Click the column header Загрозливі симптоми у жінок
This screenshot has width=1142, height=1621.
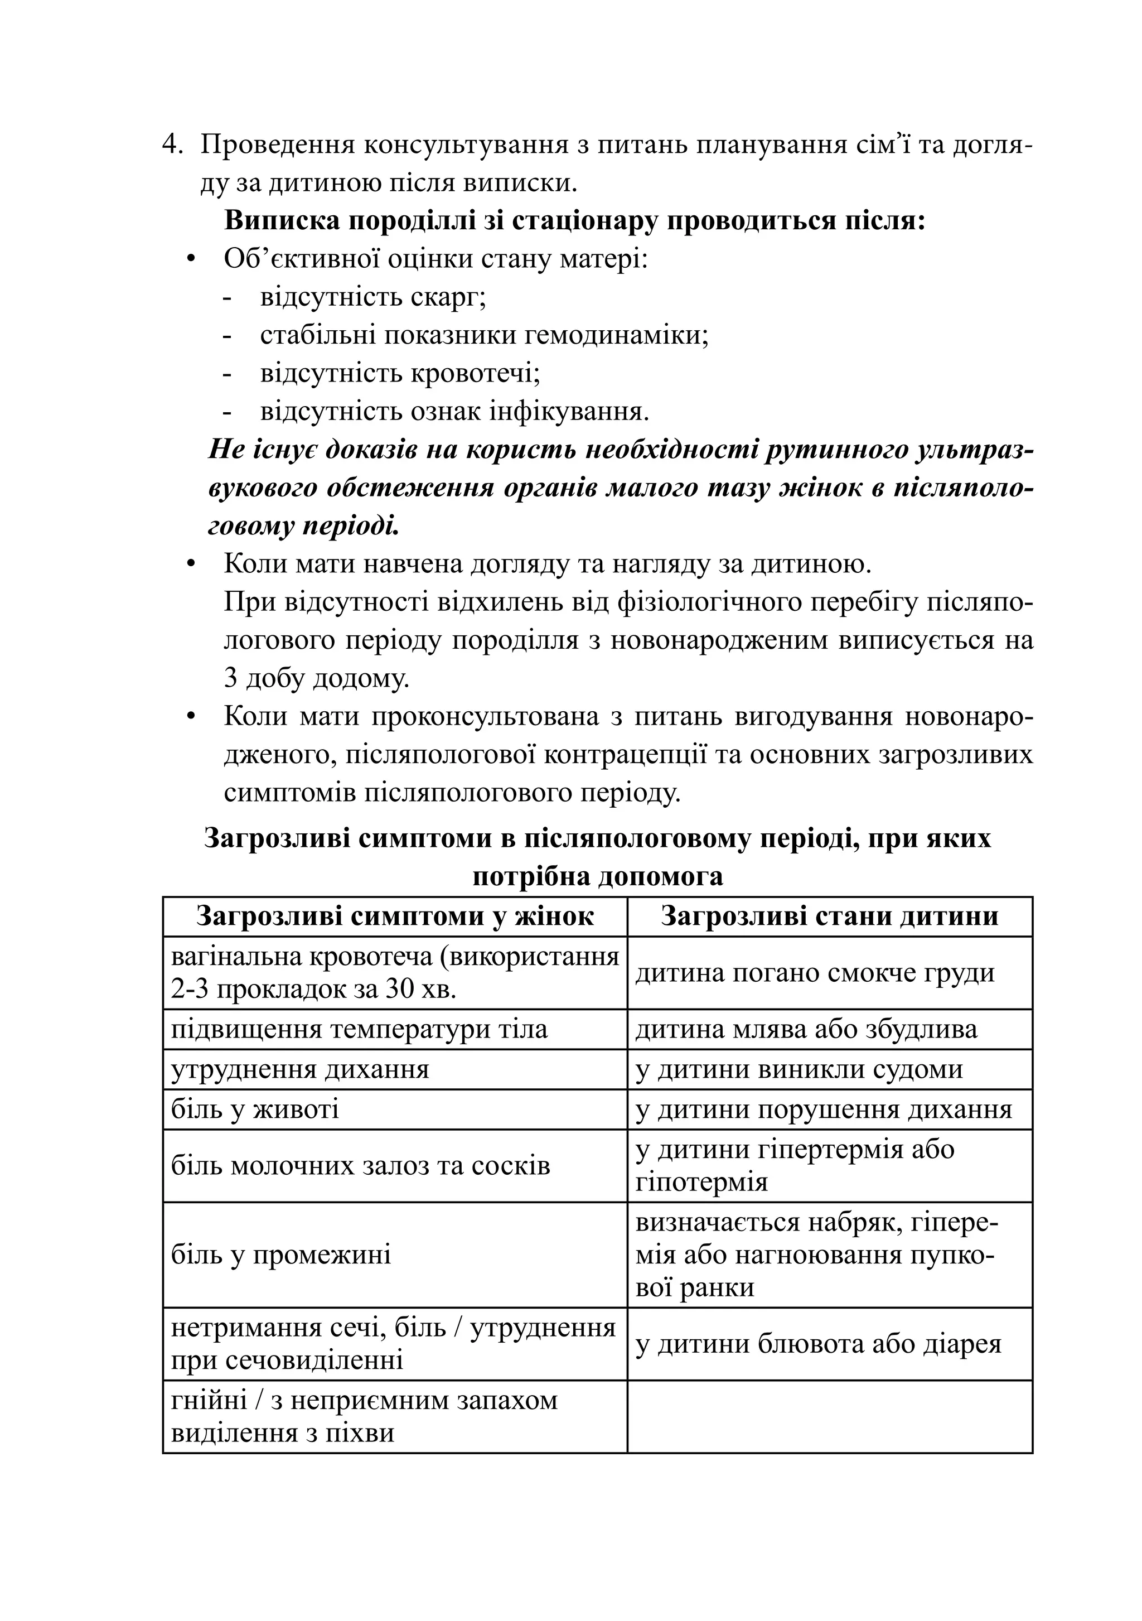[x=395, y=916]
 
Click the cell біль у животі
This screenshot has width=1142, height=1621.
[x=255, y=1109]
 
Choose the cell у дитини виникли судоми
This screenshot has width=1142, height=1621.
[x=799, y=1069]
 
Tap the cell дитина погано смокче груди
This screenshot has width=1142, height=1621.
[x=815, y=973]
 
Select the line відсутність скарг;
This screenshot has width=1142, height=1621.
[x=372, y=297]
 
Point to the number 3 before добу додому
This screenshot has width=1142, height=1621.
[x=230, y=678]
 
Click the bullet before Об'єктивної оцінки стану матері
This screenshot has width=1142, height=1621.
[x=190, y=259]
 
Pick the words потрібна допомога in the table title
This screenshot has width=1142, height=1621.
[x=597, y=877]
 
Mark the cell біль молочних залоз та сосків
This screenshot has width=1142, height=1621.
[x=360, y=1166]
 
